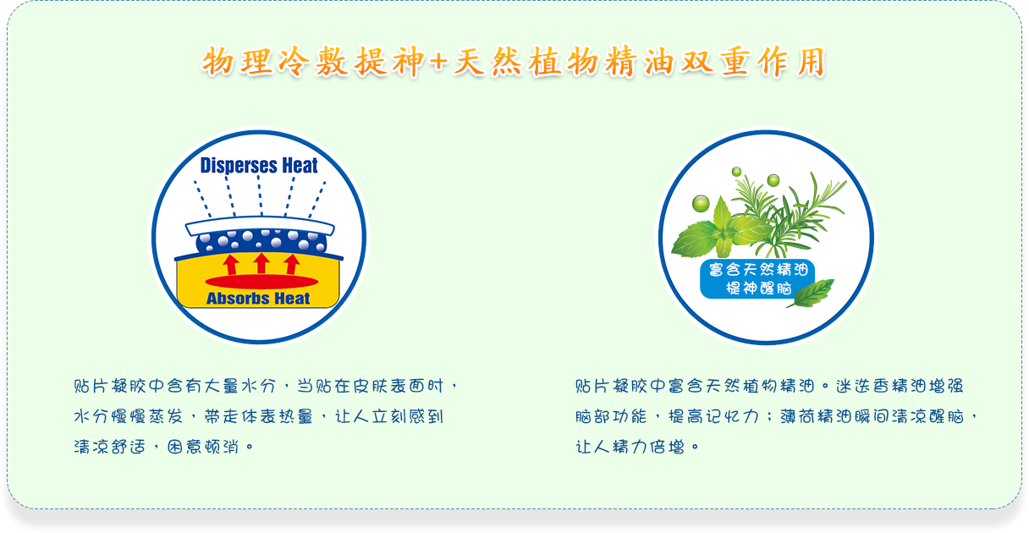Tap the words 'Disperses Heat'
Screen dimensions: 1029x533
259,166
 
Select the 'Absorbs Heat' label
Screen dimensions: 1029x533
258,299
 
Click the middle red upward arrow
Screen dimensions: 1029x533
261,263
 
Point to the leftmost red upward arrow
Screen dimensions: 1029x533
231,265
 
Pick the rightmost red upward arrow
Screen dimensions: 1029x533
292,265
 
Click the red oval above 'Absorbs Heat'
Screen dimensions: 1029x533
261,282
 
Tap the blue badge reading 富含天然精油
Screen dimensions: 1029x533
757,279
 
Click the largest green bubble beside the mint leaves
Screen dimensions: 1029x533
701,203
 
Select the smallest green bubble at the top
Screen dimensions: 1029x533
736,172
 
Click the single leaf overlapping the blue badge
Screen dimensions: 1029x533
812,294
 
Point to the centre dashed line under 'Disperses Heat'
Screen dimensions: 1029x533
260,195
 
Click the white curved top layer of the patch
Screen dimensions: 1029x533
260,225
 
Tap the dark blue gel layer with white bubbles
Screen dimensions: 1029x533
261,241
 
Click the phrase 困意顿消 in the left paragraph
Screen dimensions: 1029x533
203,446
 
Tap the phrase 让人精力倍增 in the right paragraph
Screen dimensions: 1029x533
630,446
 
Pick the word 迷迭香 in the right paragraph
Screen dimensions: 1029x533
862,386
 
